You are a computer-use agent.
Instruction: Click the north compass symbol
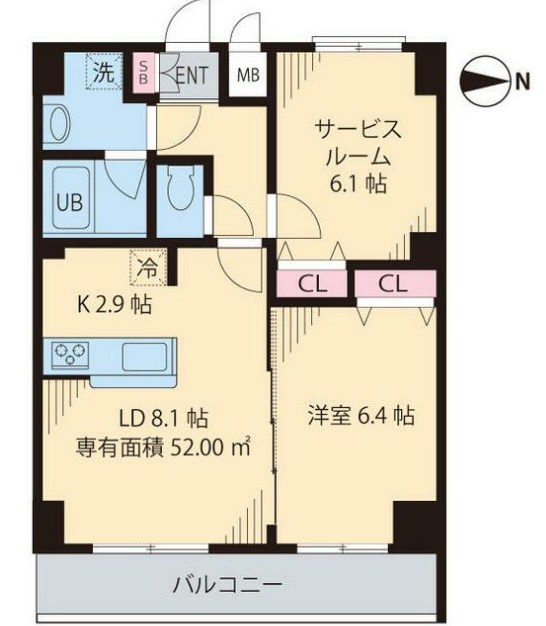[x=486, y=81]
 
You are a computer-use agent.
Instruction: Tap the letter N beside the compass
[x=522, y=81]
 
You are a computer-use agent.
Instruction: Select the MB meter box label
[x=248, y=75]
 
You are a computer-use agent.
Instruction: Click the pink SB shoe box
[x=143, y=73]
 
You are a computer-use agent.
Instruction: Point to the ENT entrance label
[x=192, y=75]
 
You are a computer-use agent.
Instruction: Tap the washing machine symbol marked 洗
[x=104, y=72]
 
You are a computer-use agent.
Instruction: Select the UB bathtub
[x=71, y=199]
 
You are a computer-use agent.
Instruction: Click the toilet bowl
[x=181, y=188]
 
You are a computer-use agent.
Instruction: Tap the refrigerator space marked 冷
[x=148, y=267]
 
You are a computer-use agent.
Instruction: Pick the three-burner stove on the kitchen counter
[x=70, y=353]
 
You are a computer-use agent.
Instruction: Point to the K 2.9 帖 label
[x=115, y=305]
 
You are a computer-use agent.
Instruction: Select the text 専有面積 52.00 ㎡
[x=163, y=447]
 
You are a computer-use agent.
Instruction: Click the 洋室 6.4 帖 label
[x=360, y=415]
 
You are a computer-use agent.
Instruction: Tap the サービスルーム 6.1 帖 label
[x=358, y=157]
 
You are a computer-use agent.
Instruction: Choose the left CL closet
[x=312, y=284]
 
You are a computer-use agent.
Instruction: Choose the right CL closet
[x=395, y=284]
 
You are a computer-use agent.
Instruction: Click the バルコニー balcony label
[x=228, y=585]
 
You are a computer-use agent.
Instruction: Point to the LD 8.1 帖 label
[x=164, y=418]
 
